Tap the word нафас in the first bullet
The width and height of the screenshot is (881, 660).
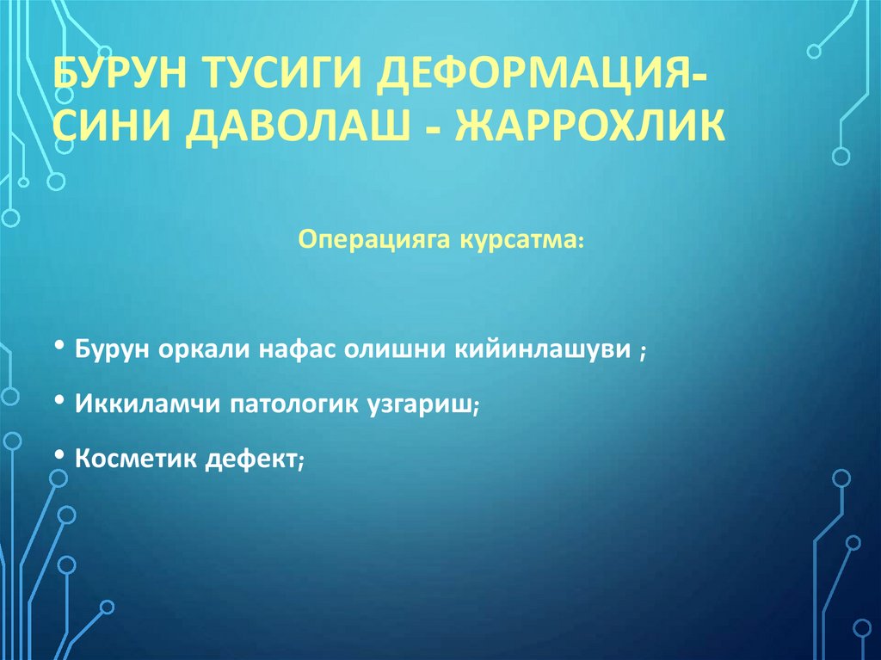(x=305, y=350)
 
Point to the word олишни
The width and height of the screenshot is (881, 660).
(x=392, y=350)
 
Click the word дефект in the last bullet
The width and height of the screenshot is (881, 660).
(x=250, y=459)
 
